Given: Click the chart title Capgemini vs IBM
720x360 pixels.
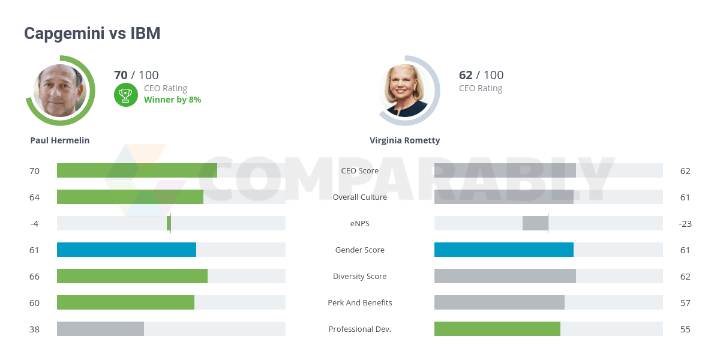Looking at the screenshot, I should [92, 34].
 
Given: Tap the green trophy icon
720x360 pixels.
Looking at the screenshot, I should [125, 94].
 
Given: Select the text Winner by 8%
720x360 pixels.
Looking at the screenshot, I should [172, 100].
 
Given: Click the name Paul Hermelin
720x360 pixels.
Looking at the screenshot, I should [60, 140].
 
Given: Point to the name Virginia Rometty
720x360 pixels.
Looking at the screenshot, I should [404, 140].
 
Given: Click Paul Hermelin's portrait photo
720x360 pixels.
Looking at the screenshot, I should [60, 91].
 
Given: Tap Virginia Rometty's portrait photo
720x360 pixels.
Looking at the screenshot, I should [406, 91].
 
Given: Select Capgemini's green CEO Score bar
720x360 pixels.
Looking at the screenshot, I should [137, 170].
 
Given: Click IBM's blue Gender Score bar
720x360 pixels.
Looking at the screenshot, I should [503, 250].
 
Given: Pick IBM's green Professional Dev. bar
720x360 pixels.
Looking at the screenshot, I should [497, 329].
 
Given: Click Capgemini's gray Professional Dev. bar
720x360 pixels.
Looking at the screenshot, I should [100, 329].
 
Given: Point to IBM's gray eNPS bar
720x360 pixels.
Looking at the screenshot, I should [535, 223].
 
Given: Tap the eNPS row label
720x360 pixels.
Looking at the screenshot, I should [360, 223].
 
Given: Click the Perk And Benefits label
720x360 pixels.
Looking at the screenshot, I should [360, 302].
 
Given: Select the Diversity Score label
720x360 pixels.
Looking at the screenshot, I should [360, 276].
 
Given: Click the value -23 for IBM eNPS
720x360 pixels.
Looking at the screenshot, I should [685, 223].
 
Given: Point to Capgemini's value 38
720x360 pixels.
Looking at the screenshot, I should [34, 329].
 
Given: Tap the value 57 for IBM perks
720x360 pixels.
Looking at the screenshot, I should [685, 302].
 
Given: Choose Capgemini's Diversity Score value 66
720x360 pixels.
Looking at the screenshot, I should [34, 276].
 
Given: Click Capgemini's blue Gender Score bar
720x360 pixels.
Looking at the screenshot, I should [127, 250].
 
